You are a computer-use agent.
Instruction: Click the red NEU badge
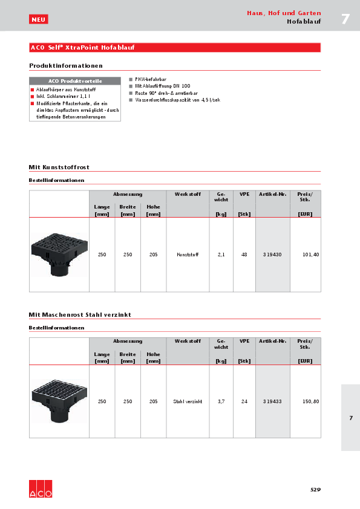(x=38, y=19)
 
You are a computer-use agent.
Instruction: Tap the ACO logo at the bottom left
(x=41, y=490)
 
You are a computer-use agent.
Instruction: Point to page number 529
(x=315, y=489)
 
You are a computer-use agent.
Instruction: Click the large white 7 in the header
(x=345, y=19)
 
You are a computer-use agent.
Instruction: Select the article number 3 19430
(x=273, y=255)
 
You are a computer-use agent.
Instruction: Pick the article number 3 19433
(x=273, y=401)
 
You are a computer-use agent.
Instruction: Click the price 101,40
(x=310, y=255)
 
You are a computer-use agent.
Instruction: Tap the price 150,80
(x=310, y=401)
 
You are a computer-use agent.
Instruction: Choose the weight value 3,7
(x=221, y=401)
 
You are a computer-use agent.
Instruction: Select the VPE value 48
(x=244, y=255)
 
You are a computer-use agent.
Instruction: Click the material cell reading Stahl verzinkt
(x=188, y=401)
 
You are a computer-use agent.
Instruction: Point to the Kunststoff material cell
(x=188, y=255)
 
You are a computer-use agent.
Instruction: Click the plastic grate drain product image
(x=59, y=254)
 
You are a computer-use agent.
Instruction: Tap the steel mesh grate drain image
(x=59, y=401)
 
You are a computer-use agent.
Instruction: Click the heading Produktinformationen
(x=66, y=65)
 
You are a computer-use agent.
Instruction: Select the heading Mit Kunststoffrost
(x=59, y=167)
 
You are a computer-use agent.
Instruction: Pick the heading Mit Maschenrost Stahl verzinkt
(x=80, y=315)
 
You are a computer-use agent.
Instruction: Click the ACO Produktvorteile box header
(x=75, y=80)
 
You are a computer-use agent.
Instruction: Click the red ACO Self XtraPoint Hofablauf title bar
(x=175, y=47)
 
